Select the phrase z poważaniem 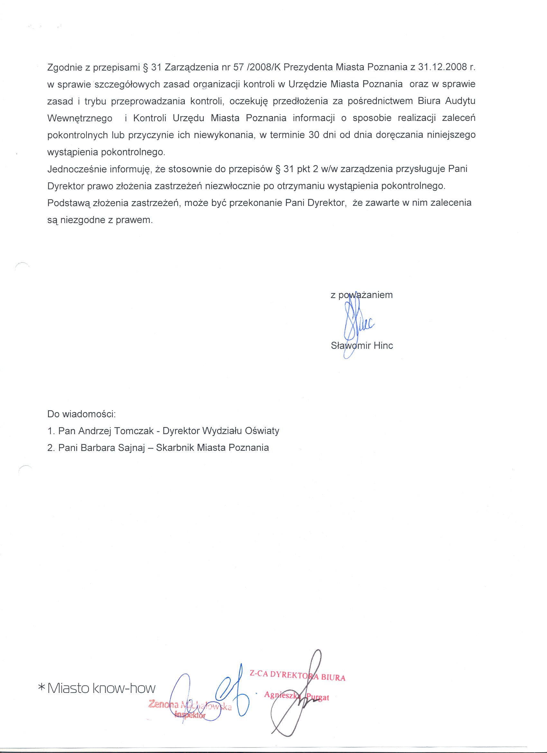(361, 295)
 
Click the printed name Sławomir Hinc (362, 346)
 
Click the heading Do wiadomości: (81, 414)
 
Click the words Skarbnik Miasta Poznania (212, 448)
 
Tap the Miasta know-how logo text (102, 688)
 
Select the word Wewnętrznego (80, 118)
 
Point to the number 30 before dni (314, 135)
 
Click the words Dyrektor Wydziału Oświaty (221, 431)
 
